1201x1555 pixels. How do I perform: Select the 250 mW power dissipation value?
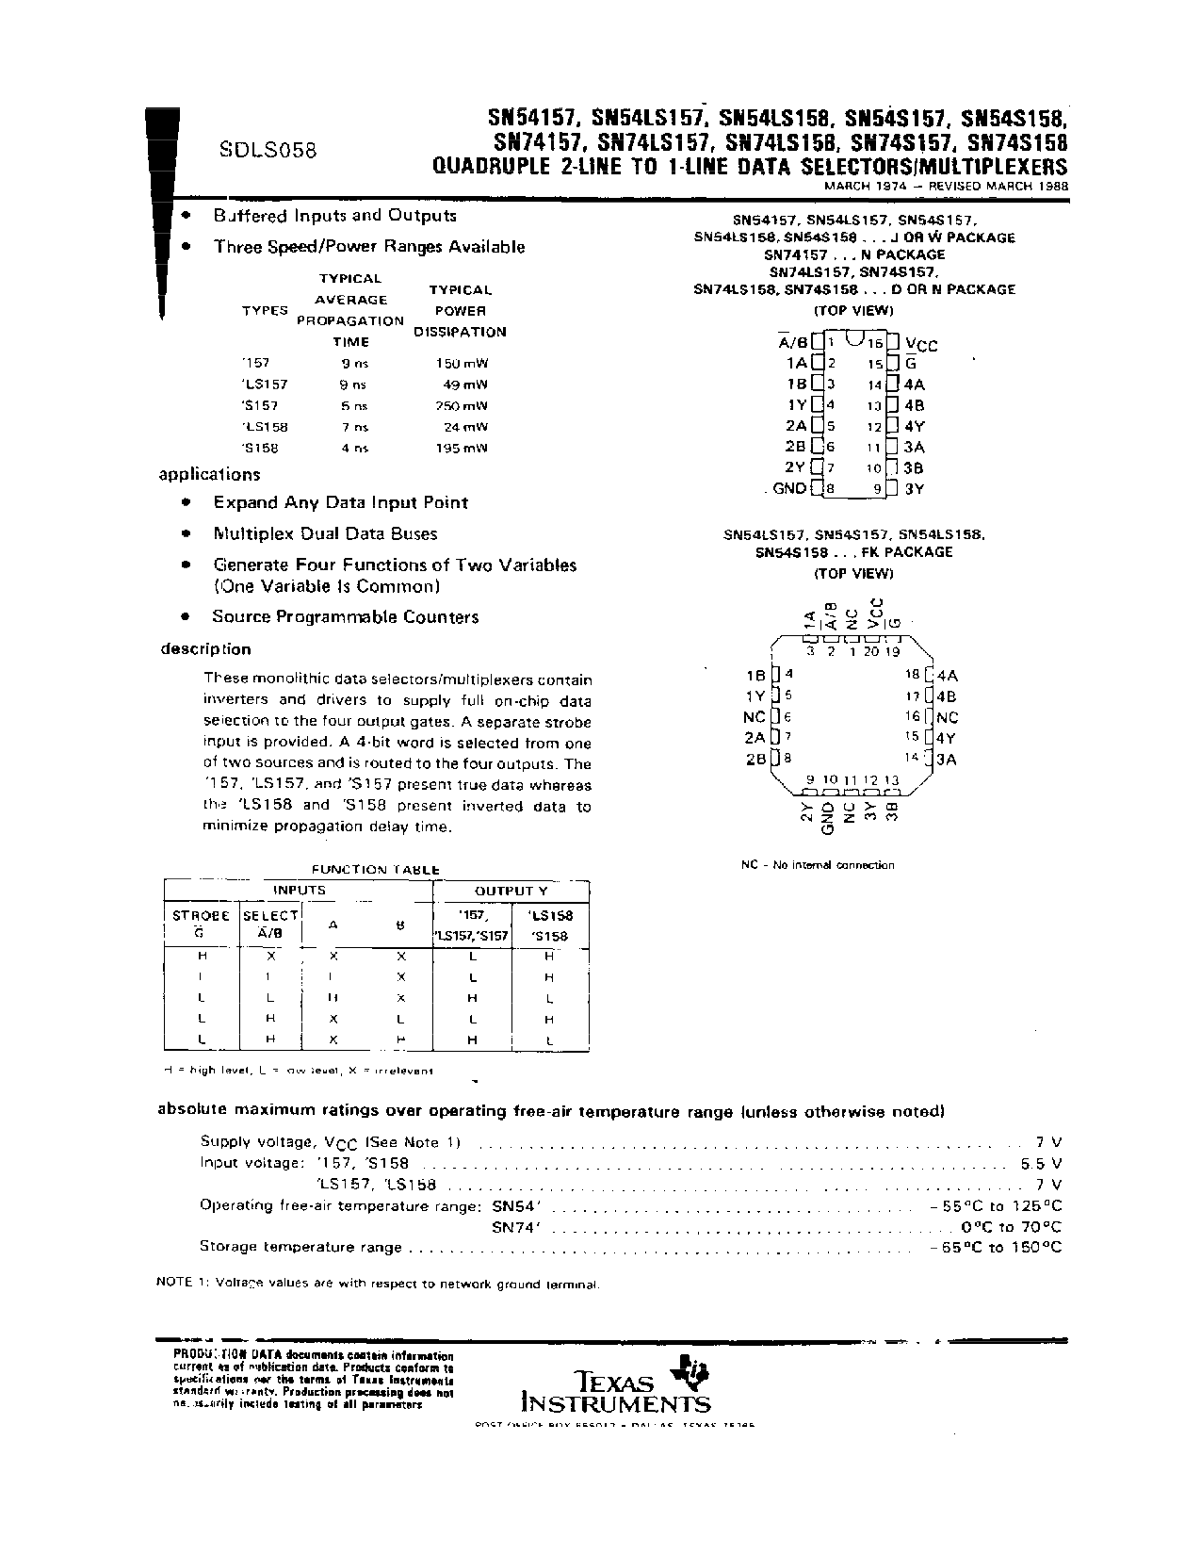coord(462,406)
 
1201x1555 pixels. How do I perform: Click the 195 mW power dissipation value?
coord(462,449)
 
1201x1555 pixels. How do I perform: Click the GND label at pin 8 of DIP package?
coord(788,488)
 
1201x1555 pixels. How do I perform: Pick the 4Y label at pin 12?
coord(914,426)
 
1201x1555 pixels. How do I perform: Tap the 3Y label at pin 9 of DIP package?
coord(914,489)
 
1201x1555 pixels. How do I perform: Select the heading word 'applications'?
coord(209,474)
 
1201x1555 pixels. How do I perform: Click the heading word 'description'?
coord(205,648)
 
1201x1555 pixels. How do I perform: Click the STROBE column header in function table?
coord(201,915)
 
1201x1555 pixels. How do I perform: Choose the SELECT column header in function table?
coord(270,915)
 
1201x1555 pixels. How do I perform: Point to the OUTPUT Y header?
coord(511,891)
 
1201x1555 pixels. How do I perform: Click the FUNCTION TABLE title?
coord(376,869)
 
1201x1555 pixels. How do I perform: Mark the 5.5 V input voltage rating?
coord(1041,1163)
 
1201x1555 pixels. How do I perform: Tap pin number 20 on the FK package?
coord(870,650)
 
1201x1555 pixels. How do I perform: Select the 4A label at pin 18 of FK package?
coord(947,675)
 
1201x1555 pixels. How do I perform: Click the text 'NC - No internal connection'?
coord(818,864)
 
